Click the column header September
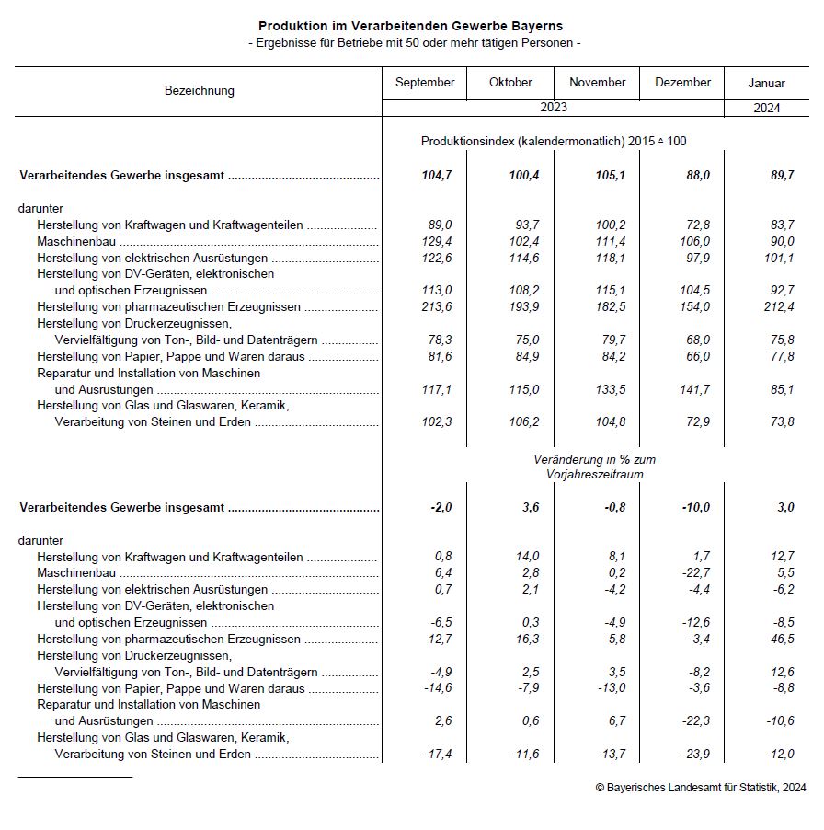[x=425, y=83]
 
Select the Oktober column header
[x=510, y=83]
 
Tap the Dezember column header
[x=682, y=83]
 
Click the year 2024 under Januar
[x=766, y=108]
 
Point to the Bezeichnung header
[x=200, y=90]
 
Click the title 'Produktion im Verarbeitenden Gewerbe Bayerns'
[x=410, y=27]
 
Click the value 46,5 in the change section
[x=781, y=640]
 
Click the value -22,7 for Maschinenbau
[x=693, y=573]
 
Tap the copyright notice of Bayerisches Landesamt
[x=700, y=788]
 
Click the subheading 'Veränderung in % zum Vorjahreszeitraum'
[x=595, y=467]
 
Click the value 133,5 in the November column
[x=610, y=390]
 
